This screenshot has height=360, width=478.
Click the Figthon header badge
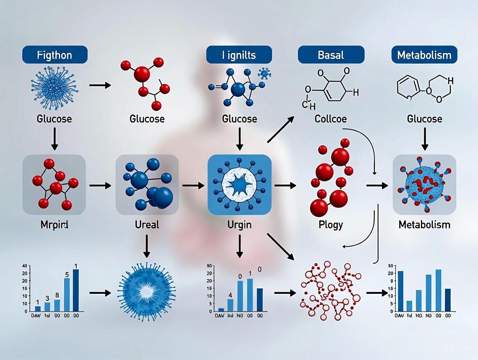55,55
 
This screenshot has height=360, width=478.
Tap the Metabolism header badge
424,55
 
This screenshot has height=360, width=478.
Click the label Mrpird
54,225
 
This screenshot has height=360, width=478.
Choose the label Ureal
147,225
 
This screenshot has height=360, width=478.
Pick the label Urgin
239,225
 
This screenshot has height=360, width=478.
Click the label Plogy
330,225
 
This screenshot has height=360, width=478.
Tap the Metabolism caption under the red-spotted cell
424,225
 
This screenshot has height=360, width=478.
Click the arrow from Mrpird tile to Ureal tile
100,186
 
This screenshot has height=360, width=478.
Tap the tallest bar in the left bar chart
76,290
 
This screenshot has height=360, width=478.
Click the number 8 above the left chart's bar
57,296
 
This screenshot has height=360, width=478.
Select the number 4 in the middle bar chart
230,296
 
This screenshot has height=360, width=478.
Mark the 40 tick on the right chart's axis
391,266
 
